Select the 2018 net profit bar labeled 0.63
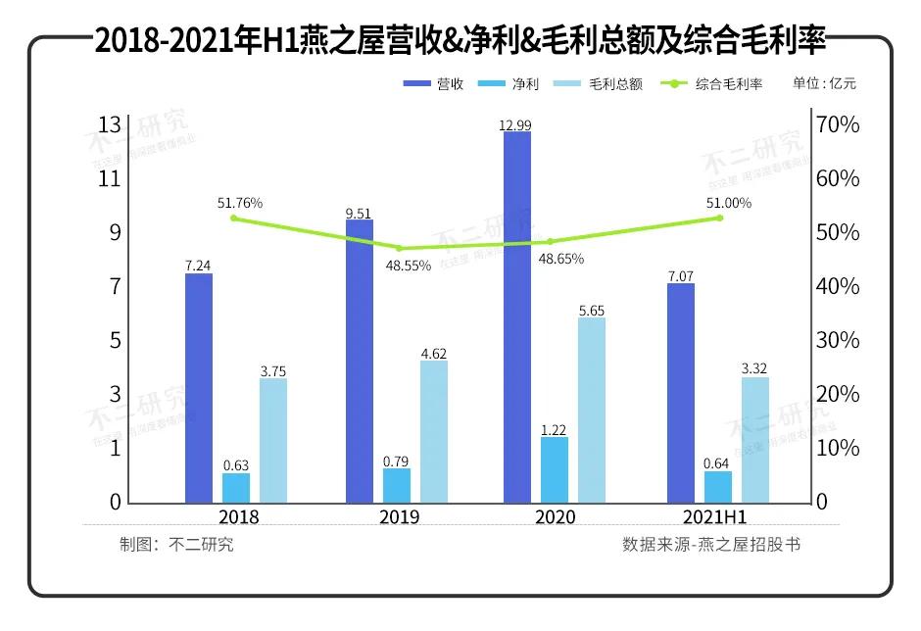(236, 488)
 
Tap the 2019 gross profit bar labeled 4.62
(434, 431)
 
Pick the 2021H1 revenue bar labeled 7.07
(681, 393)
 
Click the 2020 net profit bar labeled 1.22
(554, 469)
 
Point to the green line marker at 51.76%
(233, 218)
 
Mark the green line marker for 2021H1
(718, 218)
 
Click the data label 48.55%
(408, 266)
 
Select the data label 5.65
(591, 311)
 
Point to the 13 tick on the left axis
(110, 124)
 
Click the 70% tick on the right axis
(840, 125)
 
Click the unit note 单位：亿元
(824, 84)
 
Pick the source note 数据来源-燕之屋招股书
(711, 544)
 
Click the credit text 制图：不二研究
(177, 545)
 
